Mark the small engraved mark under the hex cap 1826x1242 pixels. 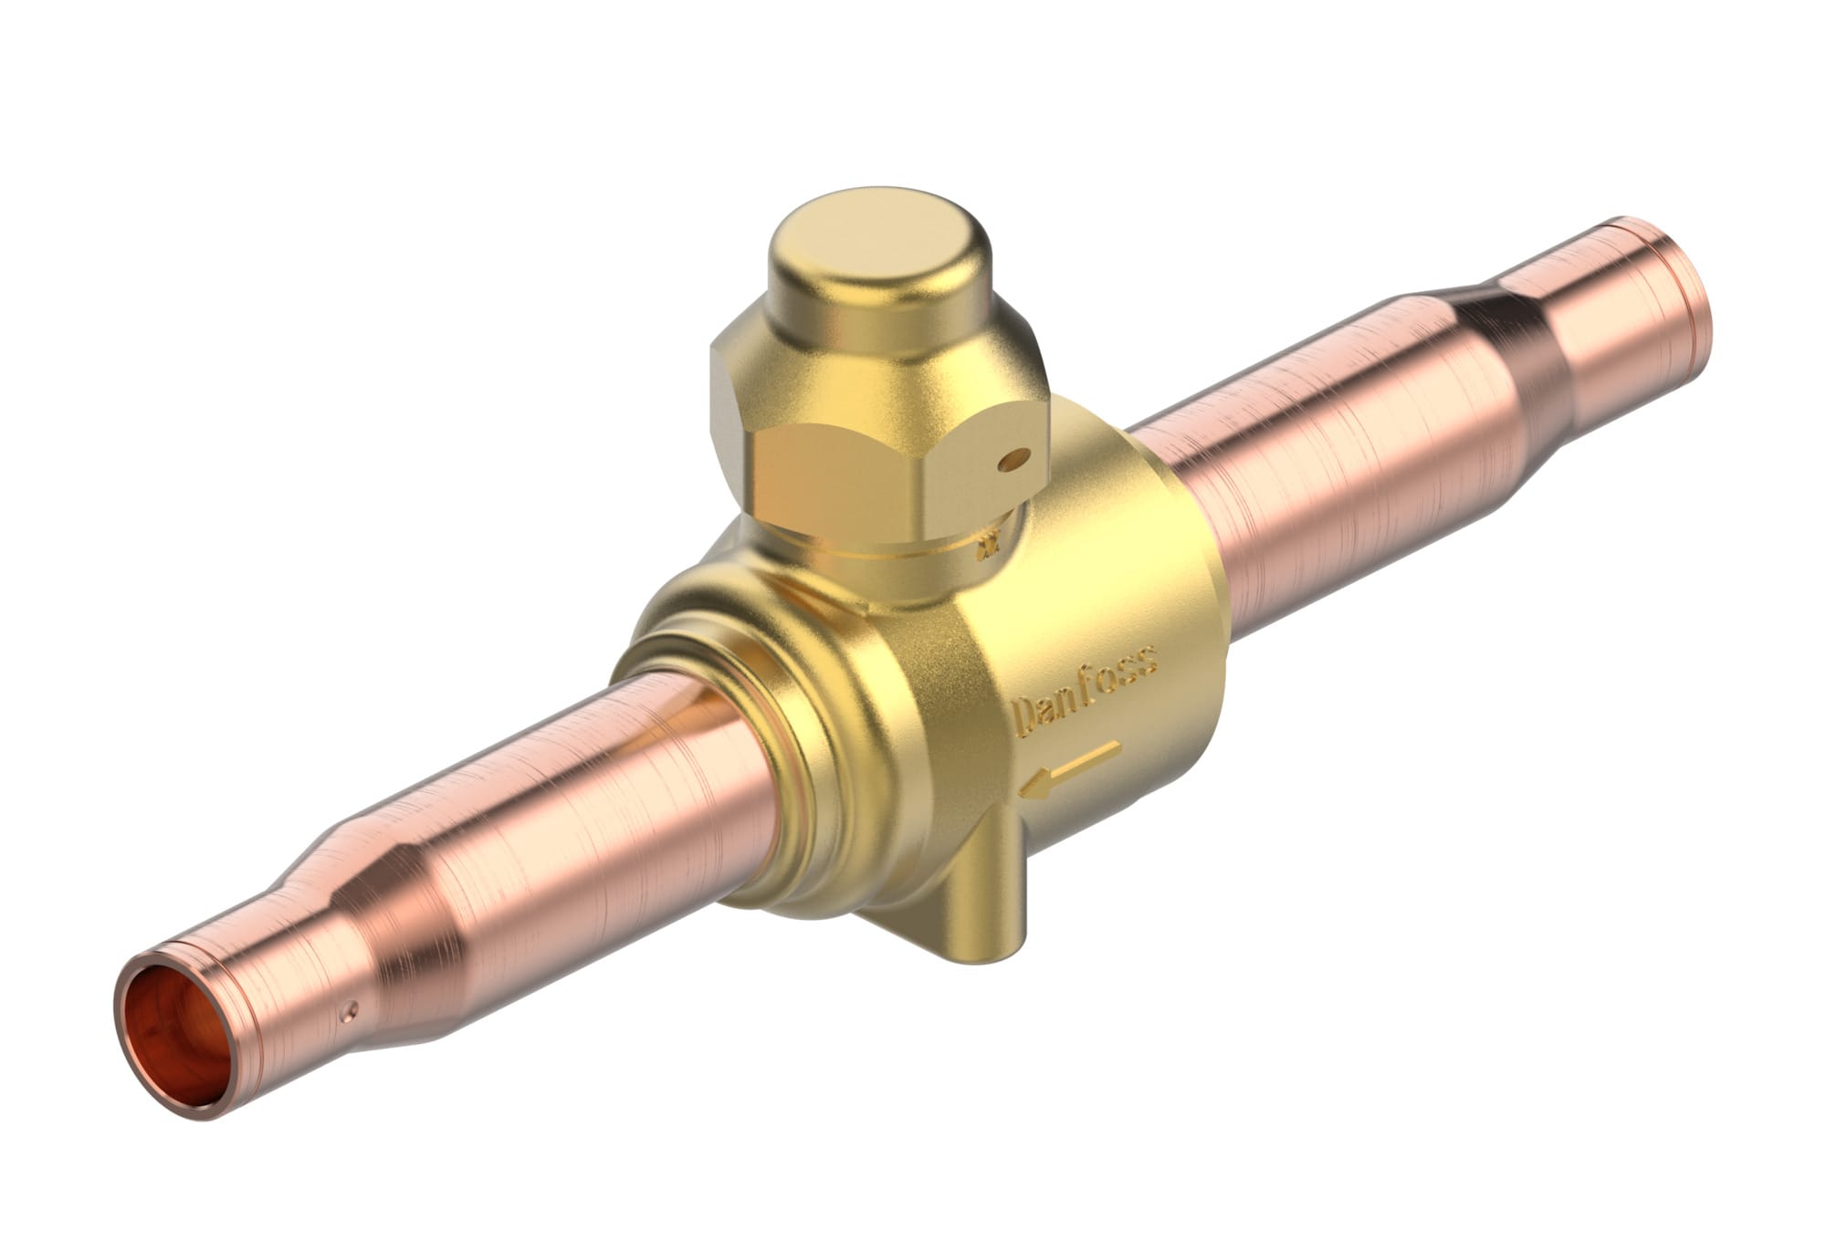(987, 548)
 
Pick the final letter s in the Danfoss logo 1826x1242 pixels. (1148, 660)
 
